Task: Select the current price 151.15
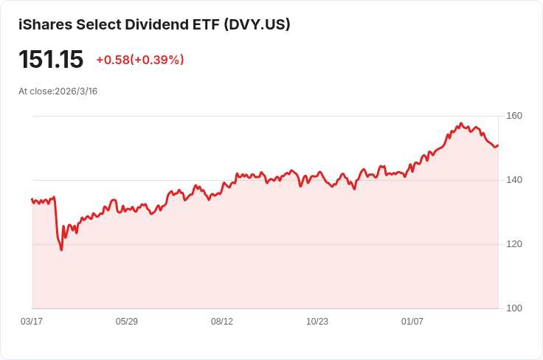[51, 60]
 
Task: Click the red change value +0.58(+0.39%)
[140, 60]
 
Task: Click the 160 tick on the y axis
[514, 116]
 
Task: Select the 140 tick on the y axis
[514, 180]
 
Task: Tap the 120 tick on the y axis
[514, 244]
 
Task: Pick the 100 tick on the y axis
[514, 308]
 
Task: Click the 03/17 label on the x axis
[32, 322]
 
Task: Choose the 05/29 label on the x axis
[127, 322]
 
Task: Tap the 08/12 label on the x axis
[222, 322]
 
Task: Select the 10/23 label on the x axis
[317, 322]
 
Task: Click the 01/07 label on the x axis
[412, 322]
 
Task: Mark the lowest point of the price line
[61, 250]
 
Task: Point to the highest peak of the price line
[461, 123]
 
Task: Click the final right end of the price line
[498, 145]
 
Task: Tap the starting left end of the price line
[32, 199]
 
